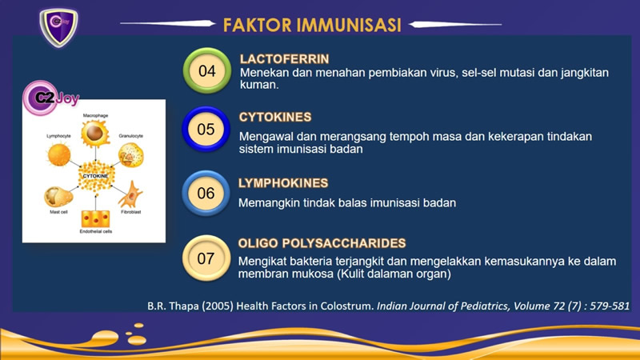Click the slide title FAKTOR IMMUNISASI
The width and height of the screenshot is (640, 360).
[312, 25]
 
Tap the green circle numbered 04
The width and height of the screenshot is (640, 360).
[207, 71]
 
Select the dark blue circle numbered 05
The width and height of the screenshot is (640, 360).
[206, 130]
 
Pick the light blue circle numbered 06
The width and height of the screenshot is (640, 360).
[206, 193]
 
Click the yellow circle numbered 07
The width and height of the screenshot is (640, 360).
[206, 258]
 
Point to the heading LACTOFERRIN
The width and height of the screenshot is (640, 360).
[285, 59]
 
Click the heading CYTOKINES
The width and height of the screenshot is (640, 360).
[275, 117]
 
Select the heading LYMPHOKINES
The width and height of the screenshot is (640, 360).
[283, 183]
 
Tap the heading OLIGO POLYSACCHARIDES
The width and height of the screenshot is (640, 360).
[322, 243]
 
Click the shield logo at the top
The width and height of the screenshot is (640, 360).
[58, 27]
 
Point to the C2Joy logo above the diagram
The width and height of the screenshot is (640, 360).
[50, 98]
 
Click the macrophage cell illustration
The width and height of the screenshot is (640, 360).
[95, 134]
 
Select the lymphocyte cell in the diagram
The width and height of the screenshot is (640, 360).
[59, 154]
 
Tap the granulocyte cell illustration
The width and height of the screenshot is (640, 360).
[131, 155]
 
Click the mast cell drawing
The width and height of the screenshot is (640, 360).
[58, 197]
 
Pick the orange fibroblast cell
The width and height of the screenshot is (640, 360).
[131, 194]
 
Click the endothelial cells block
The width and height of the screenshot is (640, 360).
[95, 218]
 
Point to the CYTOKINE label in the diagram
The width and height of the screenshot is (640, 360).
[95, 176]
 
